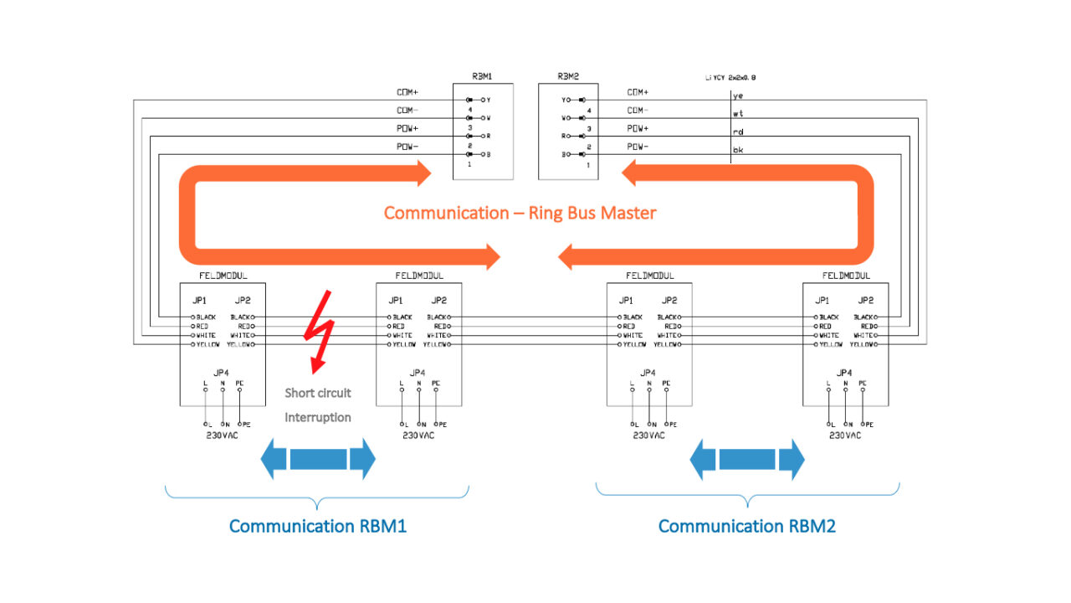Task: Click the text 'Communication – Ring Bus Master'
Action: (520, 213)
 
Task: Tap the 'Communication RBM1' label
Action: (317, 526)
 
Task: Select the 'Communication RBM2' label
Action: (746, 526)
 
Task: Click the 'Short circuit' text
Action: (318, 393)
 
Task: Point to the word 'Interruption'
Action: (318, 417)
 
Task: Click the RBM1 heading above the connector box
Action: (482, 75)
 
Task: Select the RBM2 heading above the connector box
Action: (569, 75)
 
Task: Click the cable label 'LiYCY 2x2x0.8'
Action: (730, 77)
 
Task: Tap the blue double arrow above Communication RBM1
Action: (318, 459)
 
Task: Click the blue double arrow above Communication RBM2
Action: (747, 459)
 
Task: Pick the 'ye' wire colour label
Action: (738, 95)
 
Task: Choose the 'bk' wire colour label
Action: (738, 150)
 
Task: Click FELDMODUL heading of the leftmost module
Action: (223, 276)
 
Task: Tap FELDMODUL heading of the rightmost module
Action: (846, 276)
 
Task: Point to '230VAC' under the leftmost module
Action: (223, 435)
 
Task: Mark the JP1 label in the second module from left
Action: (396, 300)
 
